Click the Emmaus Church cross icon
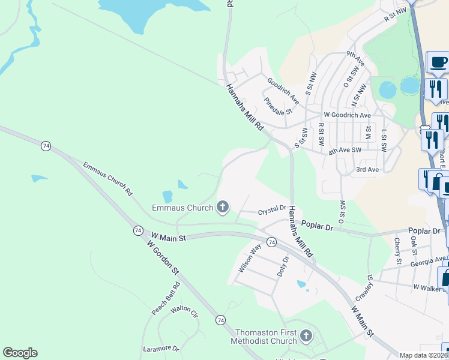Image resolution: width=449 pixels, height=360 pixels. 223,208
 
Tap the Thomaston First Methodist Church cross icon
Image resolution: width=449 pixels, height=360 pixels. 306,336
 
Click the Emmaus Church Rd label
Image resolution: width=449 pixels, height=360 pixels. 107,179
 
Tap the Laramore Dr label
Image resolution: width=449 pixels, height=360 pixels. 161,348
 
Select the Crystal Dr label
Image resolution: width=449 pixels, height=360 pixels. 272,210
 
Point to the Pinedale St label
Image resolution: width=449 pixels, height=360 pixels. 277,107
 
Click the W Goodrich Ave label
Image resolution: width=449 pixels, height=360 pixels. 347,115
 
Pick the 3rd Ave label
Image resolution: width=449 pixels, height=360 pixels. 367,170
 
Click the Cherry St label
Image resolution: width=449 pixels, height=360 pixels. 397,251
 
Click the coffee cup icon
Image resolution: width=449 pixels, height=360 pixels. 438,62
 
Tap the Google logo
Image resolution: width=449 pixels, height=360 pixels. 20,353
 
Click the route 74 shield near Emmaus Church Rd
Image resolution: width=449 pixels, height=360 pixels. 46,145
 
